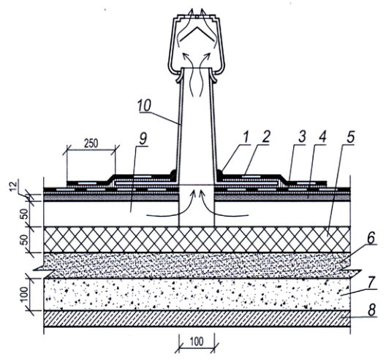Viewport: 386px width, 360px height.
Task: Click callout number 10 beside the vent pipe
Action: pyautogui.click(x=145, y=105)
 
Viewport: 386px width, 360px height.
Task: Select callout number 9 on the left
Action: pyautogui.click(x=143, y=139)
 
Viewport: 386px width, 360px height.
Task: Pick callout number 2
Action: pyautogui.click(x=265, y=137)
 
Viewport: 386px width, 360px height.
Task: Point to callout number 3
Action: pyautogui.click(x=302, y=137)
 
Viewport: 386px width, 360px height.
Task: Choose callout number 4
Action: pyautogui.click(x=322, y=137)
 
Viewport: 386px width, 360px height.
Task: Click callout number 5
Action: pyautogui.click(x=350, y=137)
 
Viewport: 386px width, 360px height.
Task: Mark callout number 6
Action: pyautogui.click(x=371, y=238)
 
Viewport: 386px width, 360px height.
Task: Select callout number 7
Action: pyautogui.click(x=371, y=282)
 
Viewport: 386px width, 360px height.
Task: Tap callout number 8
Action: pyautogui.click(x=371, y=310)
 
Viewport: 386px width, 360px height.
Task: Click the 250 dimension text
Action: pyautogui.click(x=91, y=143)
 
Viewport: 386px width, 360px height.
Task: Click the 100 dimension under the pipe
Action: pyautogui.click(x=197, y=342)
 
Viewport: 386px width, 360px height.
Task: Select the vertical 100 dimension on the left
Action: pyautogui.click(x=24, y=294)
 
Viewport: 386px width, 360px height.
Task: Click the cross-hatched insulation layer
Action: pyautogui.click(x=197, y=239)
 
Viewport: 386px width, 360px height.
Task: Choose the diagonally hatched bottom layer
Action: pyautogui.click(x=197, y=318)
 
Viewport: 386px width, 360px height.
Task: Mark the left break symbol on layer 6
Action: pyautogui.click(x=45, y=270)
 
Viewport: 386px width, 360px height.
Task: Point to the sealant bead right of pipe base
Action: pyautogui.click(x=219, y=173)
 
